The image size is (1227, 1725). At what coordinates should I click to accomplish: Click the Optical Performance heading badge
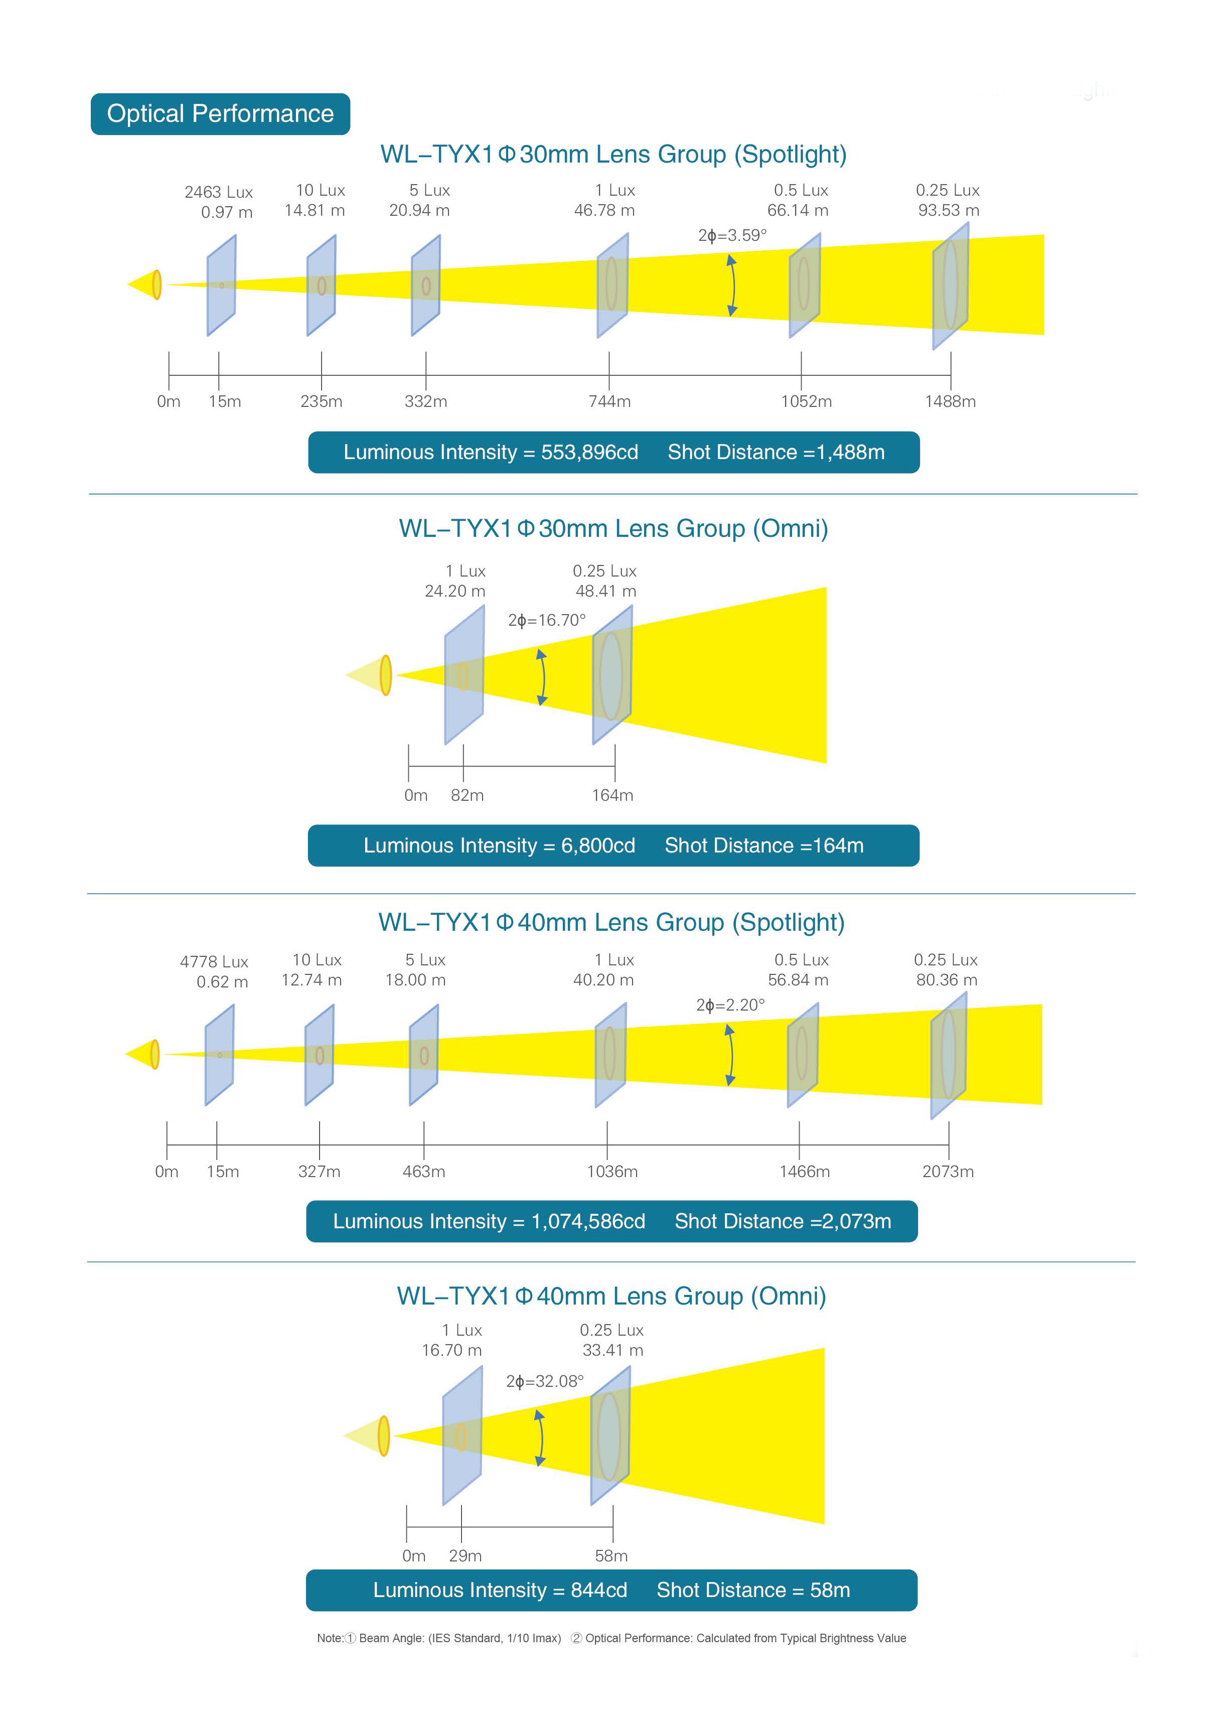pyautogui.click(x=220, y=114)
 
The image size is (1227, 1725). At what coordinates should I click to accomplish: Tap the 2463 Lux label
pyautogui.click(x=218, y=192)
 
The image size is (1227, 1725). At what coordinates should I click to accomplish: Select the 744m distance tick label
pyautogui.click(x=609, y=401)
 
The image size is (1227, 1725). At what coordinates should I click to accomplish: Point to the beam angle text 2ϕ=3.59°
pyautogui.click(x=732, y=235)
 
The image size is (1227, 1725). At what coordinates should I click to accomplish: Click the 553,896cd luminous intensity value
pyautogui.click(x=589, y=452)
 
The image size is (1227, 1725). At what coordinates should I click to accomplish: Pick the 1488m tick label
pyautogui.click(x=951, y=401)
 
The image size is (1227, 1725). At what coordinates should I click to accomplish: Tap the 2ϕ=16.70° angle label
pyautogui.click(x=547, y=620)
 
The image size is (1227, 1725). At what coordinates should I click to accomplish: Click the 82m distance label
pyautogui.click(x=467, y=795)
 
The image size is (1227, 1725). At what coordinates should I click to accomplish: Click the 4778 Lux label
pyautogui.click(x=214, y=962)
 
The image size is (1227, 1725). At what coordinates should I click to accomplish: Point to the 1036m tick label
pyautogui.click(x=612, y=1171)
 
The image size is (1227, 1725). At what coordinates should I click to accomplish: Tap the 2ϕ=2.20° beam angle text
pyautogui.click(x=730, y=1005)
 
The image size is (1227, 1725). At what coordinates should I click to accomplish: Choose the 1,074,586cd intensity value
pyautogui.click(x=588, y=1221)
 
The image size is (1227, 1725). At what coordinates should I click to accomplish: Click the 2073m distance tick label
pyautogui.click(x=948, y=1171)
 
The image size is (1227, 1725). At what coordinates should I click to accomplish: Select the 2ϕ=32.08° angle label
pyautogui.click(x=545, y=1381)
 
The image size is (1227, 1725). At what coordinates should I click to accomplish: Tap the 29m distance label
pyautogui.click(x=466, y=1556)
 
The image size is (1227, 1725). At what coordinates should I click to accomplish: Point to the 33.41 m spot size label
pyautogui.click(x=612, y=1350)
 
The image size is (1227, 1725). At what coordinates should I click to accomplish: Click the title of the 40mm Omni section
pyautogui.click(x=611, y=1296)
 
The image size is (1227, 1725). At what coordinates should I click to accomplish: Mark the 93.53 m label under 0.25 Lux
pyautogui.click(x=949, y=210)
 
